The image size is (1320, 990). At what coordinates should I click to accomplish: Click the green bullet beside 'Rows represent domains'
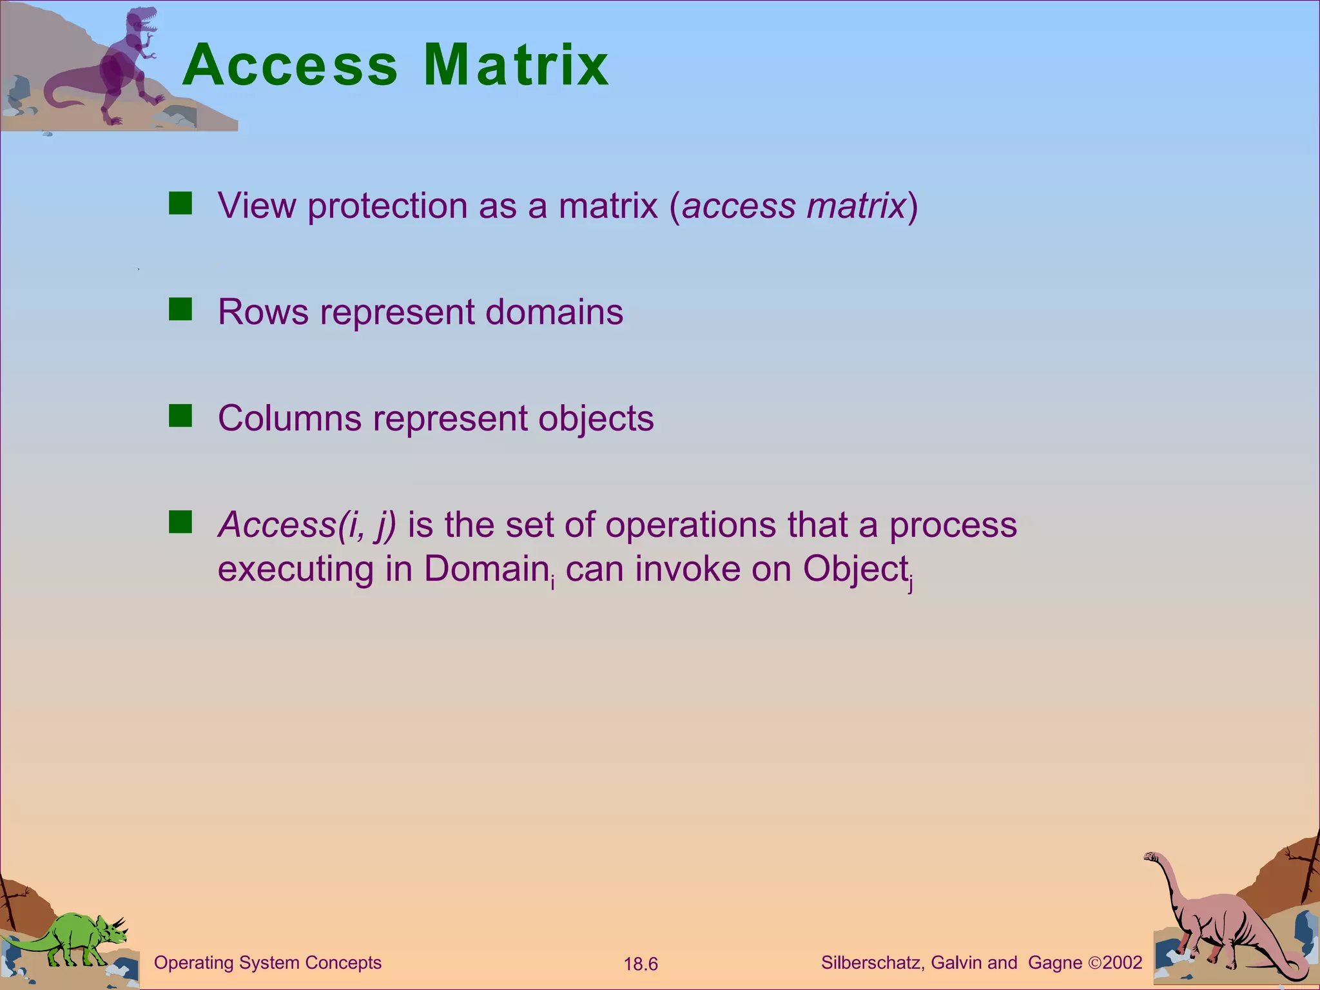(180, 309)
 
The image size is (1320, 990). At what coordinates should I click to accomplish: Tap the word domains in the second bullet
(554, 313)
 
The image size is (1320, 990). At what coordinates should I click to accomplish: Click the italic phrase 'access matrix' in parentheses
(793, 206)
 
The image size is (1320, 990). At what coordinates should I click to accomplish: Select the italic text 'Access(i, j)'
(307, 525)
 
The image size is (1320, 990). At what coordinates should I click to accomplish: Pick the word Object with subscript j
(855, 569)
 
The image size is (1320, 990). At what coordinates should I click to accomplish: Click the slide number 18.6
(641, 964)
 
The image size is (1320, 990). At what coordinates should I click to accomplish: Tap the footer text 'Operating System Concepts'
(267, 963)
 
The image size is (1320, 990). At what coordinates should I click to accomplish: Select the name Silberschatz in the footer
(873, 963)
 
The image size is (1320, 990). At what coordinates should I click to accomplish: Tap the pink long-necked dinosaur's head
(1150, 857)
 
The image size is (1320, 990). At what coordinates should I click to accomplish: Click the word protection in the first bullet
(387, 206)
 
